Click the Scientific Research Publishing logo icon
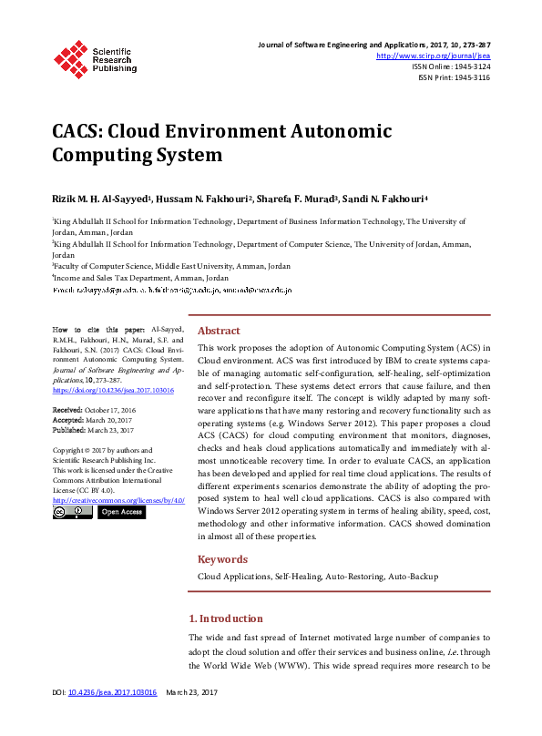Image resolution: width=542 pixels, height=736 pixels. tap(70, 57)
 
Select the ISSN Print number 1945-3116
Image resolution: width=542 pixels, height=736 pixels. tap(468, 77)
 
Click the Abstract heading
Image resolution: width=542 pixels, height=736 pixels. tap(220, 332)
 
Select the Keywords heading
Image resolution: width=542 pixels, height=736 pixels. tap(223, 559)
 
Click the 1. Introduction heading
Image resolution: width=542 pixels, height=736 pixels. tap(225, 618)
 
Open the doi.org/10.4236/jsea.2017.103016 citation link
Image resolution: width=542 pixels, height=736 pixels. tap(111, 389)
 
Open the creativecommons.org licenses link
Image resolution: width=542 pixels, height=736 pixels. tap(118, 500)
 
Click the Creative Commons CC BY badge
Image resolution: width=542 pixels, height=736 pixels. tap(72, 512)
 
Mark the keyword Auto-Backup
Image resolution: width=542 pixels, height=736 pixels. tap(414, 577)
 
